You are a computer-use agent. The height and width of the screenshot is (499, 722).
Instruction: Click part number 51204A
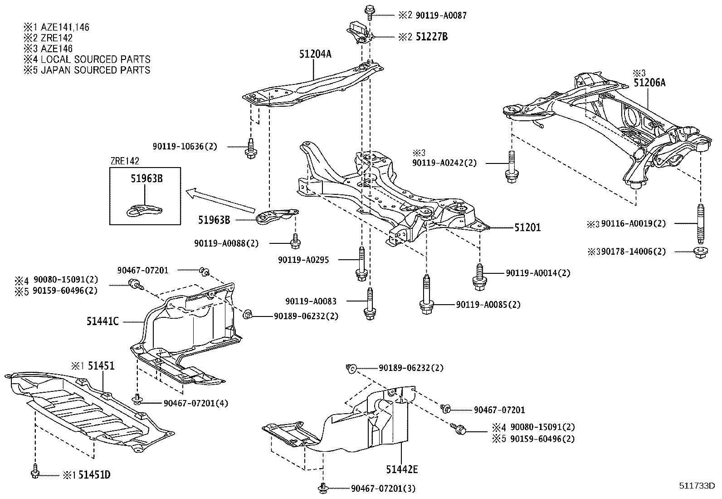click(315, 54)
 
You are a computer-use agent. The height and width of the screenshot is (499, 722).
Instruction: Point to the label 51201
click(527, 227)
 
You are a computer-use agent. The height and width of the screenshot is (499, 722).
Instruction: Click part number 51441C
click(103, 321)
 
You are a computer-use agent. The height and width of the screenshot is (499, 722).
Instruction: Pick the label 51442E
click(402, 469)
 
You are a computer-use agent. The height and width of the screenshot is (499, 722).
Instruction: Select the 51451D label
click(94, 475)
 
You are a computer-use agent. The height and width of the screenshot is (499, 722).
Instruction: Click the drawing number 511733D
click(697, 487)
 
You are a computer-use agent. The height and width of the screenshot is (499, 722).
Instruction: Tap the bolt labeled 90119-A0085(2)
click(426, 296)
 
